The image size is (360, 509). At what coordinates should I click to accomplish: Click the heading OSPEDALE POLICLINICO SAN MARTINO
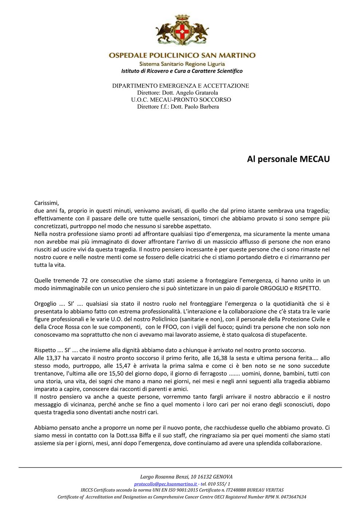pos(182,56)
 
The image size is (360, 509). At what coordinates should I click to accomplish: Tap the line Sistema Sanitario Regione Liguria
pos(182,64)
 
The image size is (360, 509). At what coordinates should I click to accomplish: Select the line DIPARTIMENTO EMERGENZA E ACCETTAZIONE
pos(180,86)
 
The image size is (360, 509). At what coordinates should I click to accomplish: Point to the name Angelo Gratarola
pos(197,93)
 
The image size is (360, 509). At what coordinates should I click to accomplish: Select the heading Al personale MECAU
pos(288,159)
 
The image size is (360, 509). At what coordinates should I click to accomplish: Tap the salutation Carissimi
pos(46,203)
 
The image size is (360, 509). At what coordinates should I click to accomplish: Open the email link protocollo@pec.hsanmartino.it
pos(166,484)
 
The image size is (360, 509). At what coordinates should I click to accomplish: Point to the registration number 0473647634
pos(291,497)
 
